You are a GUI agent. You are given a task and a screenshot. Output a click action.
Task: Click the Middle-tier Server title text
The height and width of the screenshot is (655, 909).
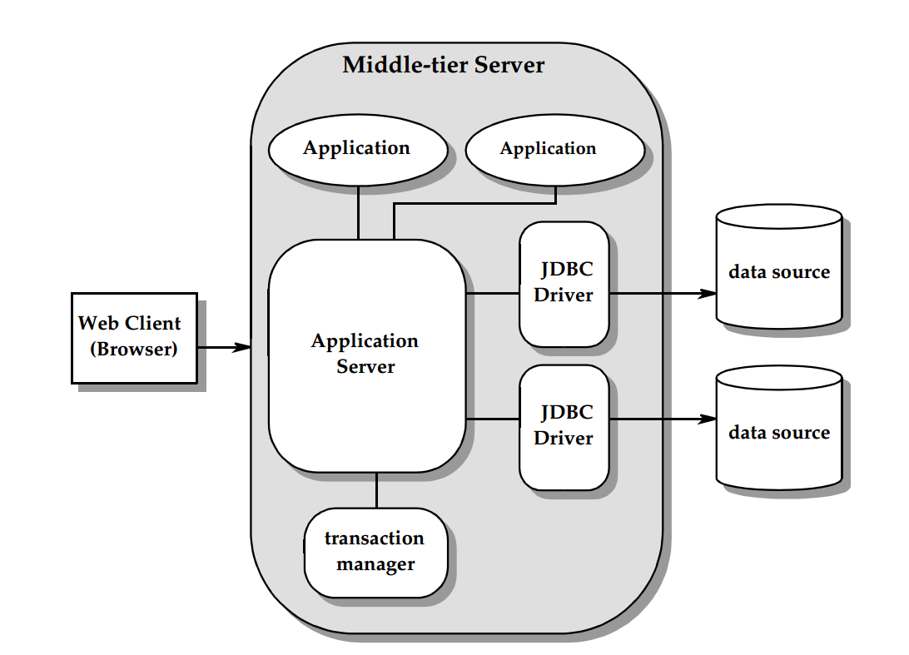coord(443,65)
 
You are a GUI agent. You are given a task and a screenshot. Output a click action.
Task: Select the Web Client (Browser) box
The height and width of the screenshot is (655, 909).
coord(134,337)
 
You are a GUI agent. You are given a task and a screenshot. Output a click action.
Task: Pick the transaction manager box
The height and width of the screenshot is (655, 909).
coord(375,552)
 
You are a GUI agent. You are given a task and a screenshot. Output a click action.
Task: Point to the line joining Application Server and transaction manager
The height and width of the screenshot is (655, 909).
coord(376,490)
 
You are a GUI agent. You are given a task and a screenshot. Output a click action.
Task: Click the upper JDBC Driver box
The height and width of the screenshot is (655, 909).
coord(564,284)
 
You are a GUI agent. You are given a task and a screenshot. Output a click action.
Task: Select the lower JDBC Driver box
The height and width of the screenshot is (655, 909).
coord(564,427)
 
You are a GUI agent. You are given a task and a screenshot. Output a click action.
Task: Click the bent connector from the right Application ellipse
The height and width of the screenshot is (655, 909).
coord(474,203)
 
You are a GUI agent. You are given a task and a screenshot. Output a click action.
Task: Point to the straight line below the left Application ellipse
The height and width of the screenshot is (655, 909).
coord(358,213)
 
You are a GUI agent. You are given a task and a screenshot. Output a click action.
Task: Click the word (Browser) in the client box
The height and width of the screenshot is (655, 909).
coord(134,349)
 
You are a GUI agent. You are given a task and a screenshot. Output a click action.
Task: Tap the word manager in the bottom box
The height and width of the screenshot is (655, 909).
coord(375,564)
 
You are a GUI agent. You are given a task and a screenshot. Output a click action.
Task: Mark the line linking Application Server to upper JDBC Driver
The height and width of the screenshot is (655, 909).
coord(492,294)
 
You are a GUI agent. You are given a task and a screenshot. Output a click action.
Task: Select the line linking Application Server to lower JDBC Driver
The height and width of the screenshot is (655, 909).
coord(492,419)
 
